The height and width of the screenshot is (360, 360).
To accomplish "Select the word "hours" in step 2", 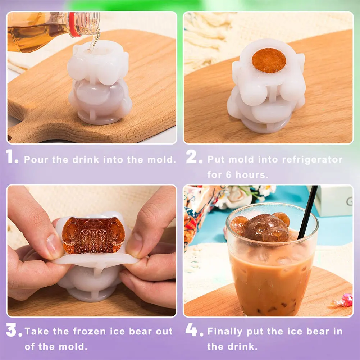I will pyautogui.click(x=254, y=175).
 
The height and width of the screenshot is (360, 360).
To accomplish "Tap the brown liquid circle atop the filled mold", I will pyautogui.click(x=269, y=60).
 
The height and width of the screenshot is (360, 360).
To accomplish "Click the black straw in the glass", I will pyautogui.click(x=307, y=212).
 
